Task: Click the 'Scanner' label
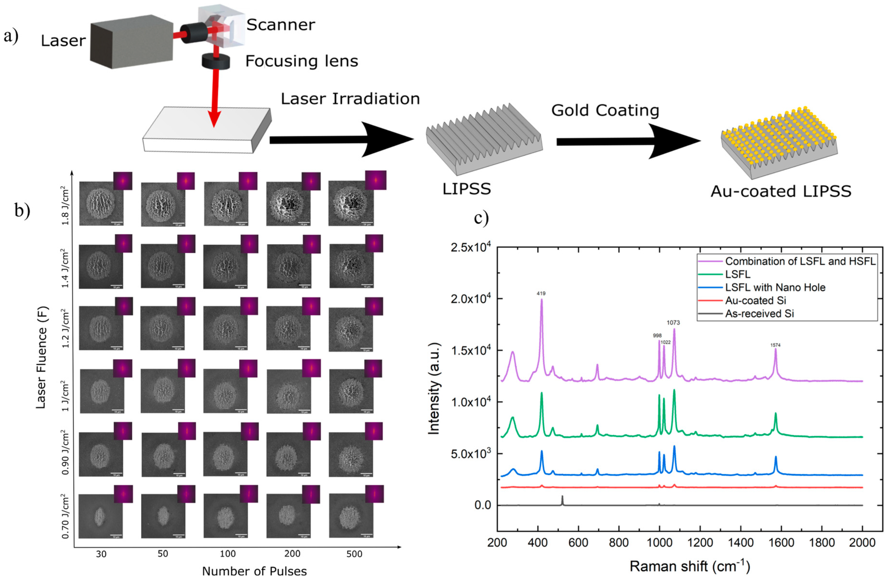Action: click(281, 25)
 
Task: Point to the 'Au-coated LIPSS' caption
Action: click(781, 191)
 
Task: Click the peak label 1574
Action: click(775, 345)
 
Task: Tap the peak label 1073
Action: click(673, 323)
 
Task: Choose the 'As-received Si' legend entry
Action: click(759, 314)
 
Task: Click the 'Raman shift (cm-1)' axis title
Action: click(689, 567)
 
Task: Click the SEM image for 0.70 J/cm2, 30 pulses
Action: click(101, 516)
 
